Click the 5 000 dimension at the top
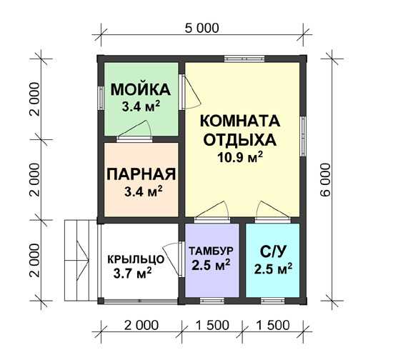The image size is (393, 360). (202, 28)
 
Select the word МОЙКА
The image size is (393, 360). (141, 89)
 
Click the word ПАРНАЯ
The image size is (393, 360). (141, 174)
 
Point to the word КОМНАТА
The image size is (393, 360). (240, 121)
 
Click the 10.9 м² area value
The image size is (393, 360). (240, 157)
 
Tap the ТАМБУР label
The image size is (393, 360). (212, 251)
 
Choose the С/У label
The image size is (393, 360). (273, 253)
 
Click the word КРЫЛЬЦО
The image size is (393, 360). (136, 259)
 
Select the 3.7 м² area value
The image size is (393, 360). (132, 273)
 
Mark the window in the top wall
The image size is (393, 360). (244, 59)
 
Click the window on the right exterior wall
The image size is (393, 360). (303, 136)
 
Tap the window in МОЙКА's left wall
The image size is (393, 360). (101, 98)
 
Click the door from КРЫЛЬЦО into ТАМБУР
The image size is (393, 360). (174, 259)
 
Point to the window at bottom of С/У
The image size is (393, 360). (273, 301)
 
